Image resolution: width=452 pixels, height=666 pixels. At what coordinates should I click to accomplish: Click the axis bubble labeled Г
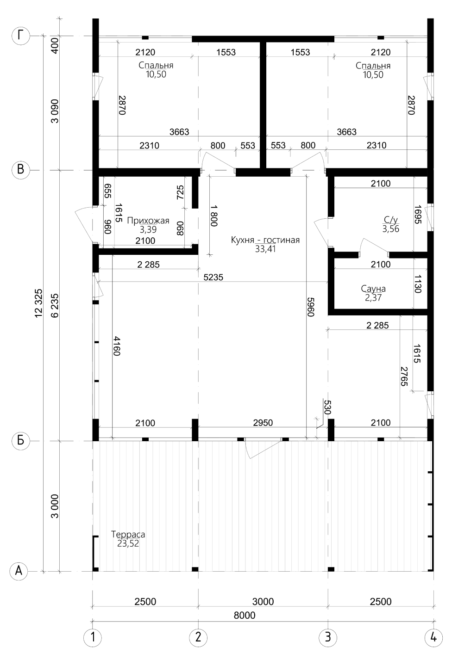tap(20, 36)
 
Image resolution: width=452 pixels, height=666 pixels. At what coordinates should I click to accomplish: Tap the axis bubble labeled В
tap(20, 170)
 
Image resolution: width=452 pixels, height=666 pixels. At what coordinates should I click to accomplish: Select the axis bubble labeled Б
tap(20, 440)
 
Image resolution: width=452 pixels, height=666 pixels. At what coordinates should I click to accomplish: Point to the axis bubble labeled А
tap(19, 571)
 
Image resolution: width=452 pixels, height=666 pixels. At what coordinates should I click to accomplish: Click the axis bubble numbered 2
tap(198, 637)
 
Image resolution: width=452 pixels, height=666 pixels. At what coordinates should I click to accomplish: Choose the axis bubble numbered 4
tap(433, 637)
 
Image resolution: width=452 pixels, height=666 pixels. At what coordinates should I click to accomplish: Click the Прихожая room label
tap(148, 221)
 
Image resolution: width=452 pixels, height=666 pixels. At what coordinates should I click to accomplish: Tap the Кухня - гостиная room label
tap(265, 240)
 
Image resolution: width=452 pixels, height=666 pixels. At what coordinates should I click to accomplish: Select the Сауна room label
tap(373, 289)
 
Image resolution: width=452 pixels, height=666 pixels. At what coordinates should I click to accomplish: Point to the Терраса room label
tap(128, 534)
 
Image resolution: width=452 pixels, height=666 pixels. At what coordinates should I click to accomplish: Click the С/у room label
tap(391, 220)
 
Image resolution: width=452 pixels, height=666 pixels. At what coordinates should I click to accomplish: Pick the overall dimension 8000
tap(245, 615)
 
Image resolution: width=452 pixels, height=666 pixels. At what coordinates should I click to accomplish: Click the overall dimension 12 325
tap(39, 303)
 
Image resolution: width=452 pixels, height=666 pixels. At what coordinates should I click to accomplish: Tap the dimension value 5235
tap(213, 277)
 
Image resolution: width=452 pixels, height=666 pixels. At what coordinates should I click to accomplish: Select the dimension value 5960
tap(311, 307)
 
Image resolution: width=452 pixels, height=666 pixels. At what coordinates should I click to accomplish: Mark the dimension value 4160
tap(116, 346)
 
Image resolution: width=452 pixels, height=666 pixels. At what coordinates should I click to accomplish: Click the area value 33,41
tap(265, 249)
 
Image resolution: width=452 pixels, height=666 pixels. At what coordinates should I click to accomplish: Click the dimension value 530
tap(327, 407)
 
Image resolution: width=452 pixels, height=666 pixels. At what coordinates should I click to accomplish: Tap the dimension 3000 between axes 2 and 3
tap(263, 601)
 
